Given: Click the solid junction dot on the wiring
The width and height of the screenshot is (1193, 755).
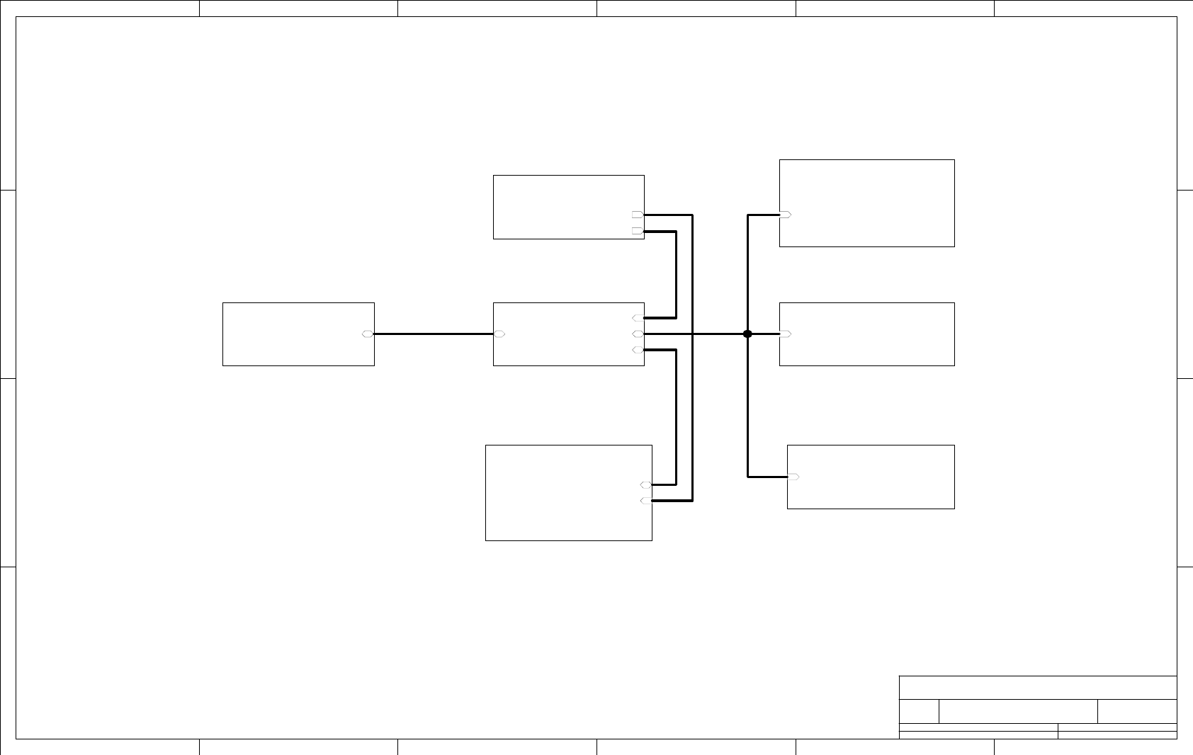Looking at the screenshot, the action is (x=747, y=334).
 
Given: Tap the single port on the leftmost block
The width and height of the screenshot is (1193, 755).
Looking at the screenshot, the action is (x=368, y=334).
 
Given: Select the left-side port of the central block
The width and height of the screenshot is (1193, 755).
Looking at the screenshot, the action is (x=499, y=334).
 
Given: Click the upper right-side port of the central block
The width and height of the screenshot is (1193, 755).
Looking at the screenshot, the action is (x=638, y=318).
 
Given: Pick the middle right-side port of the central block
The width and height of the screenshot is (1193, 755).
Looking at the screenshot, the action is (x=638, y=334).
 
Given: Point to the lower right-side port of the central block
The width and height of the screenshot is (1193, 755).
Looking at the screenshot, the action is (x=638, y=350).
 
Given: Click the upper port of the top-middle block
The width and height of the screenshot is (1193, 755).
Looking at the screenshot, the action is (x=638, y=215).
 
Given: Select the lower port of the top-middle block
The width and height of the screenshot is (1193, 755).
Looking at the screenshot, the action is (x=638, y=231).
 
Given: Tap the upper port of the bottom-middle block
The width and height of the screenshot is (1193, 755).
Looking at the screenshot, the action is (x=646, y=485).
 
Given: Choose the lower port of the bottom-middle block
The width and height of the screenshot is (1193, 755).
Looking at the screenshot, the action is (x=646, y=501).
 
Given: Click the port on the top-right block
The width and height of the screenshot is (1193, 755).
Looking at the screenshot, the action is (x=786, y=215).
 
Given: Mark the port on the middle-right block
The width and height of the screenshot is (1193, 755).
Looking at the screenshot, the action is (x=786, y=334).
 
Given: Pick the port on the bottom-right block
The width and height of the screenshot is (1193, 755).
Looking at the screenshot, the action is (x=793, y=477).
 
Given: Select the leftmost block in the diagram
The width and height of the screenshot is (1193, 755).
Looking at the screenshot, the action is (x=298, y=334).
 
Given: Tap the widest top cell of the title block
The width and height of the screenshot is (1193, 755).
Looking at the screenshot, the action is (x=1038, y=688).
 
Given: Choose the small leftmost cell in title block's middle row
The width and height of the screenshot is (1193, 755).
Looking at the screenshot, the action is (x=919, y=711).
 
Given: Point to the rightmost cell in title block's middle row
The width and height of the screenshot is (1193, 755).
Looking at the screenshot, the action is (x=1137, y=711).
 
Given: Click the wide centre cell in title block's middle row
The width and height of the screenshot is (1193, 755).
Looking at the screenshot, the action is (x=1018, y=711).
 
